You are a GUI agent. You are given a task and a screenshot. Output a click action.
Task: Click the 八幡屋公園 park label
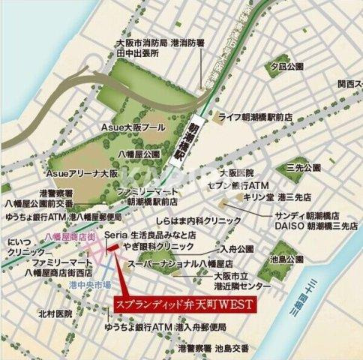click(x=139, y=153)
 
